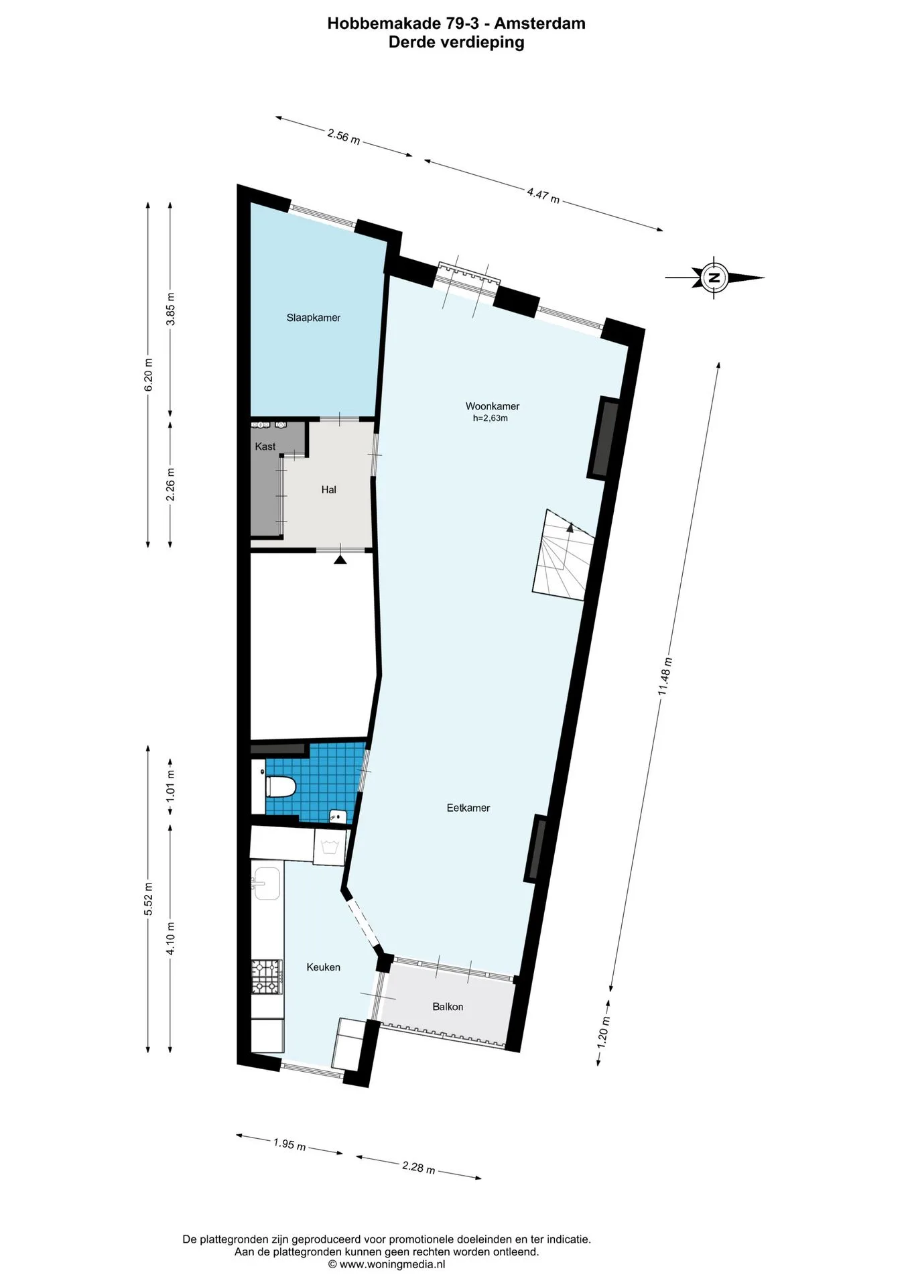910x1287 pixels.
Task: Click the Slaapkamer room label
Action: click(x=313, y=318)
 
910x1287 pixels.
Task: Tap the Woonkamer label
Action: click(x=493, y=406)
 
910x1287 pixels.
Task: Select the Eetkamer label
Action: click(x=468, y=808)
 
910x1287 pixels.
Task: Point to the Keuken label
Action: click(x=324, y=967)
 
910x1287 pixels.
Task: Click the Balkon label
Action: click(x=448, y=1007)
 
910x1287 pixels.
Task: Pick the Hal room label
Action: click(x=328, y=490)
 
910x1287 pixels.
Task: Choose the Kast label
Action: click(x=265, y=446)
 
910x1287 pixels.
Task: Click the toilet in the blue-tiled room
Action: click(x=280, y=786)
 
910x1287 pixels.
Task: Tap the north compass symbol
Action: click(x=714, y=277)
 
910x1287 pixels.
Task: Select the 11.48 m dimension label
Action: click(x=665, y=676)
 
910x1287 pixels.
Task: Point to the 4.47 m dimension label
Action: click(x=543, y=195)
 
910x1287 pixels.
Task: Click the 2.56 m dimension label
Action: click(x=344, y=137)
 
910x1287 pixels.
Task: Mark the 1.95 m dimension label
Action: click(x=289, y=1144)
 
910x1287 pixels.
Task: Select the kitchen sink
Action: click(x=266, y=883)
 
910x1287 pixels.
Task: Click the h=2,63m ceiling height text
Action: click(x=491, y=418)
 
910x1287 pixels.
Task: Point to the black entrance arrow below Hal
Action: click(x=340, y=559)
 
